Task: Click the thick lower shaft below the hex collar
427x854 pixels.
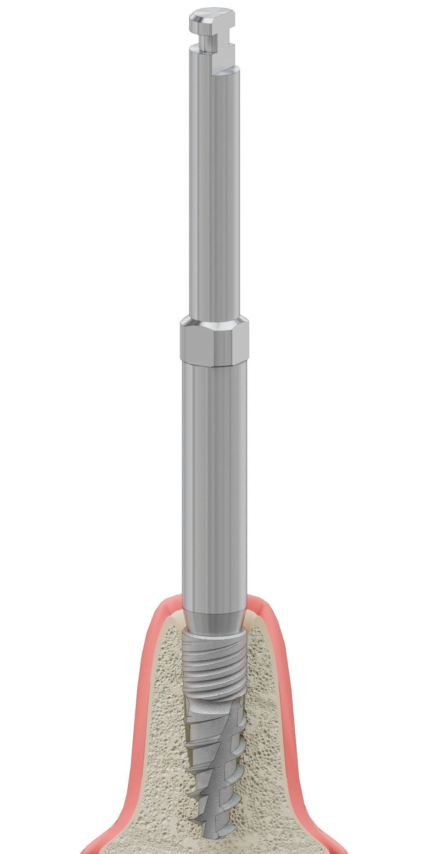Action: click(213, 470)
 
